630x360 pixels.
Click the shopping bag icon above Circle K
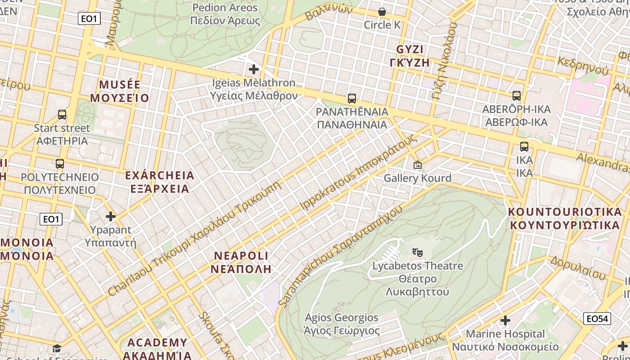pos(382,12)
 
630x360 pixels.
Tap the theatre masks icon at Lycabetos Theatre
pos(418,252)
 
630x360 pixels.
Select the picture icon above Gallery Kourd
pos(417,165)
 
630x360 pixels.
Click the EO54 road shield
pos(597,319)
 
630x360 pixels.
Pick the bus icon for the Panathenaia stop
pos(352,98)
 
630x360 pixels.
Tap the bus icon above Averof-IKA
pos(516,95)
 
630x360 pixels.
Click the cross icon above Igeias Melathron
pos(254,69)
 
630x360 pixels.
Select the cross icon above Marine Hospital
pos(505,320)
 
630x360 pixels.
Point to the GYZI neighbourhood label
pos(410,56)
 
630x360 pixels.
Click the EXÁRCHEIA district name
pos(160,182)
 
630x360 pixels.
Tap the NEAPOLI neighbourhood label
pos(241,262)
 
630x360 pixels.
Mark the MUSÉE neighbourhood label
pos(120,91)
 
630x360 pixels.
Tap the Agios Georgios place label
pos(342,324)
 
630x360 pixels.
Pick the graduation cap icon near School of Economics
pos(57,348)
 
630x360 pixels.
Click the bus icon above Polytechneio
pos(59,163)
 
